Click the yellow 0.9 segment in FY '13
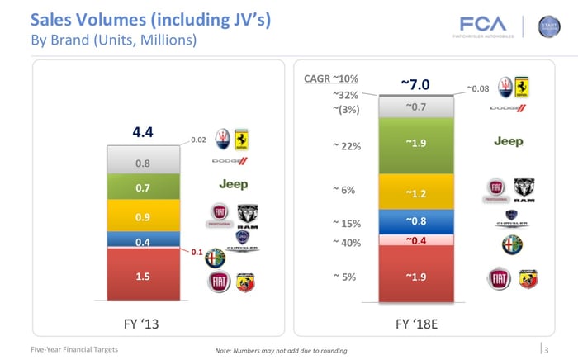click(x=144, y=216)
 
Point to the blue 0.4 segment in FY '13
click(x=144, y=240)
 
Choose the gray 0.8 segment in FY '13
click(x=144, y=163)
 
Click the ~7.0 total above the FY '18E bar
click(x=415, y=84)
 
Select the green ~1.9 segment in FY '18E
click(x=415, y=144)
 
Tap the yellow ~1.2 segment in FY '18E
click(x=415, y=193)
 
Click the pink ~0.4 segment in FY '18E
click(x=415, y=241)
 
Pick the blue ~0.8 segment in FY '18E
click(x=415, y=221)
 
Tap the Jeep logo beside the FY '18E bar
click(x=509, y=142)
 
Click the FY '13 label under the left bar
click(x=145, y=324)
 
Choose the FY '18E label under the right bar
click(x=416, y=324)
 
